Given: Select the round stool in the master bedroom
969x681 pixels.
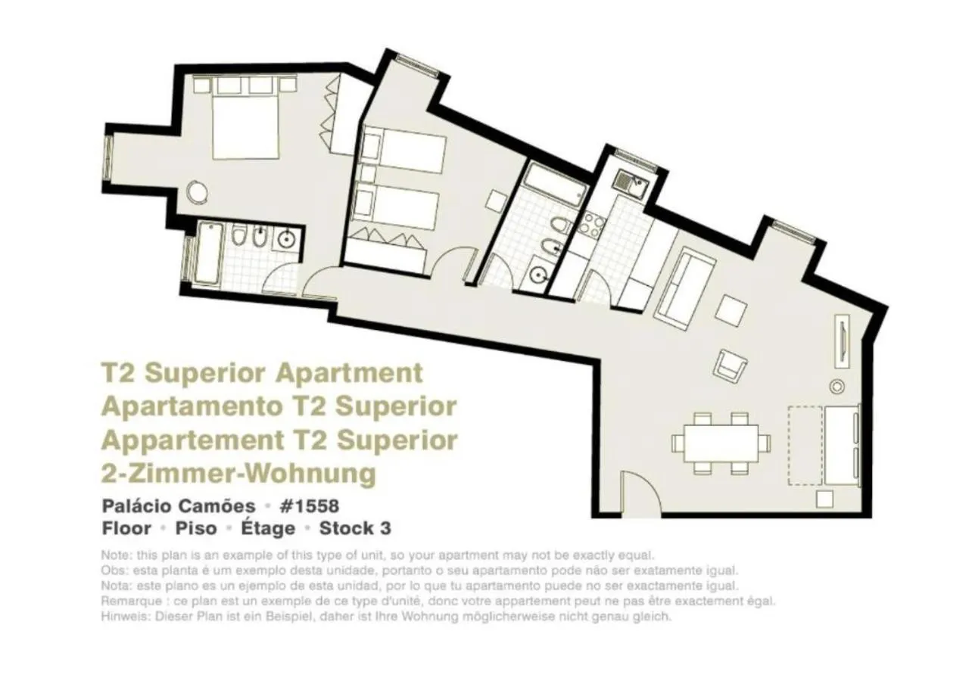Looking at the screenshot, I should [197, 190].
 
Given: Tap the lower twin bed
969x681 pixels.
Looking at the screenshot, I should [399, 208].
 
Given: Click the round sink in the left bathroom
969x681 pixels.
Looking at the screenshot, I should [286, 239].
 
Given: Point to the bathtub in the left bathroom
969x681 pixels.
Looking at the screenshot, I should [207, 253].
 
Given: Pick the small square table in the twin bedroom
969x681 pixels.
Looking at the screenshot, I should [497, 201].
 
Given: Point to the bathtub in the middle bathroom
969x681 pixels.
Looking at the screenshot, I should [555, 181].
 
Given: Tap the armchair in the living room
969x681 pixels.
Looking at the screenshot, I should [730, 366].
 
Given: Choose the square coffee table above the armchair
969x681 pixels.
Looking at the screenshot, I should [731, 309].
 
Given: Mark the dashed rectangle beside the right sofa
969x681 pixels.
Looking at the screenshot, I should [805, 445].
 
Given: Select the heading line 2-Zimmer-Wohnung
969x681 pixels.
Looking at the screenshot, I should [238, 474].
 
